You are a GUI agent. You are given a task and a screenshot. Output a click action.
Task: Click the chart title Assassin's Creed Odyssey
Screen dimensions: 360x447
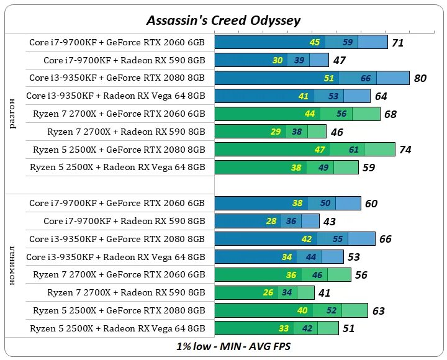[223, 20]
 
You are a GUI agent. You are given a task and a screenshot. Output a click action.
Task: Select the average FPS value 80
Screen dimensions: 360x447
[420, 78]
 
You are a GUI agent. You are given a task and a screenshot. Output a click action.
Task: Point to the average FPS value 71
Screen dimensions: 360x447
[398, 43]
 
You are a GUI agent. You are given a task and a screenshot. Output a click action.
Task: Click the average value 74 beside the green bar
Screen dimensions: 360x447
[405, 150]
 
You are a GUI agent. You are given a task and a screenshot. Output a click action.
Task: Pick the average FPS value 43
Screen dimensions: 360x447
[329, 222]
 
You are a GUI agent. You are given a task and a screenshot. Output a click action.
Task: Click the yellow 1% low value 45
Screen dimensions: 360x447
[315, 42]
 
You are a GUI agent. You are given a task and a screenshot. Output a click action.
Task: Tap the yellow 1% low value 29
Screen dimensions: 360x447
[276, 132]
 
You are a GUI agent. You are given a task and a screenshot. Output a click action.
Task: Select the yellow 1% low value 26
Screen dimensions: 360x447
[268, 293]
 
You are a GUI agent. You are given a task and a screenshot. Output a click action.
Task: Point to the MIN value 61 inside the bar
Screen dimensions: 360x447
[354, 150]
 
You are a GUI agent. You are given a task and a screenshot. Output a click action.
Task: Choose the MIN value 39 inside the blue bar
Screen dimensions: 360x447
[299, 60]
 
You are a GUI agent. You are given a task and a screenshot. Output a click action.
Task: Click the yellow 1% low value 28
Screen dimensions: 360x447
[271, 222]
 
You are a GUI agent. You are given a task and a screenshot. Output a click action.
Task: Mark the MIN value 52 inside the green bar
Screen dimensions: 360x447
[332, 311]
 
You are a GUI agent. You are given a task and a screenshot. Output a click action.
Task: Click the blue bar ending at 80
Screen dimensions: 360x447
[312, 78]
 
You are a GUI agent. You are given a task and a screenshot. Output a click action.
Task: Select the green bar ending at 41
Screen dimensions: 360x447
[264, 293]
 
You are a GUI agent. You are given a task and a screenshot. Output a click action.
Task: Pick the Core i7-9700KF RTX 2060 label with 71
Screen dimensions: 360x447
[117, 43]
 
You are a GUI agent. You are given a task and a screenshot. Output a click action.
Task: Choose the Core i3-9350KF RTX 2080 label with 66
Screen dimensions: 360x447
[117, 239]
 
